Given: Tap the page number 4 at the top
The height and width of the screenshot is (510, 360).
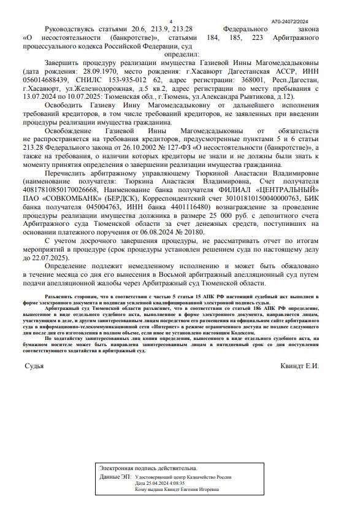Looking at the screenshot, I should click(170, 21).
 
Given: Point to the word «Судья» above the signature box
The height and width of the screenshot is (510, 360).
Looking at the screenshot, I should click(34, 366).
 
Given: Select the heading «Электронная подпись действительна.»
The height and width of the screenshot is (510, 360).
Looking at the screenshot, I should click(148, 468).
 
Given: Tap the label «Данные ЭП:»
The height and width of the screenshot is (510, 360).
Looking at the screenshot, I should click(115, 476).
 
